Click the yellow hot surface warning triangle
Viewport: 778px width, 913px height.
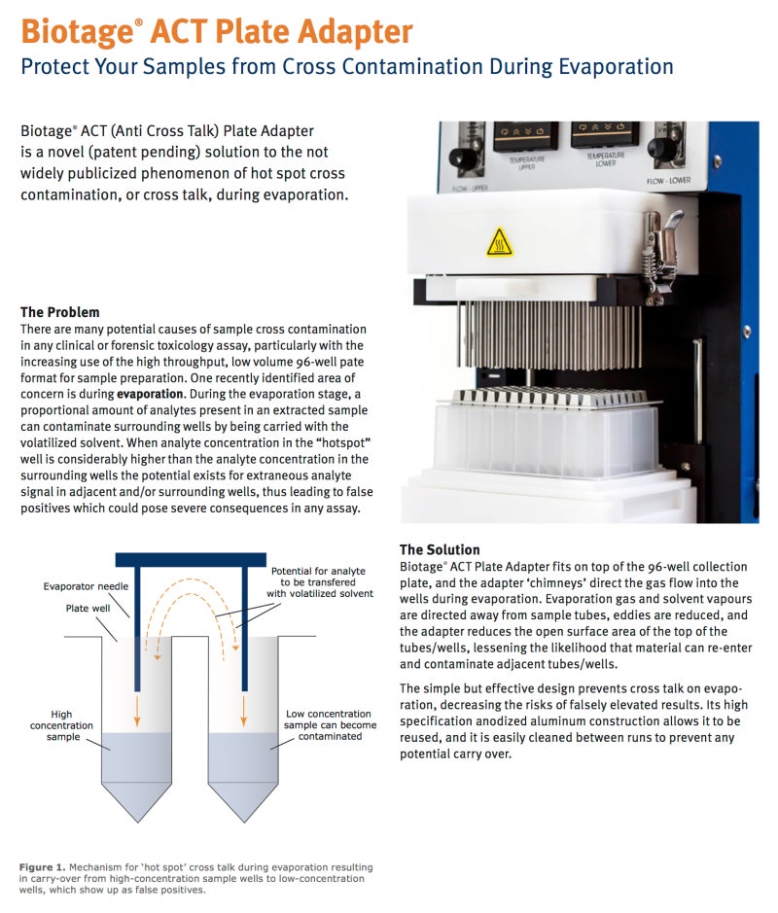pos(500,241)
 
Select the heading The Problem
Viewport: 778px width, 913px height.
pos(59,312)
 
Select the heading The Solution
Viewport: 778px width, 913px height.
pos(440,549)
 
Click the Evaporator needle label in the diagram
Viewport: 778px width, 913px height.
pos(86,586)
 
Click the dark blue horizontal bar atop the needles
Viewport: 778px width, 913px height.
pos(191,559)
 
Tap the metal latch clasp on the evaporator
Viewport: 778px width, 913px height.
pos(649,254)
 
